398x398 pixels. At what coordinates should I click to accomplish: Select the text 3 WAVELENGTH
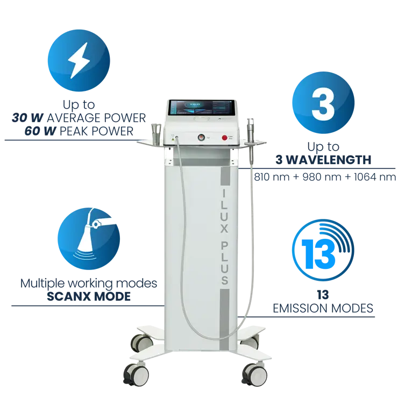click(x=323, y=160)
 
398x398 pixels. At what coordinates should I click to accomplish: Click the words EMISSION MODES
click(x=323, y=308)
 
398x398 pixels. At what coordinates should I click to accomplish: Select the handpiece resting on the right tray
click(x=250, y=132)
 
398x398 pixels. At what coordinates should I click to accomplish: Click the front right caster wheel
click(x=251, y=371)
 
